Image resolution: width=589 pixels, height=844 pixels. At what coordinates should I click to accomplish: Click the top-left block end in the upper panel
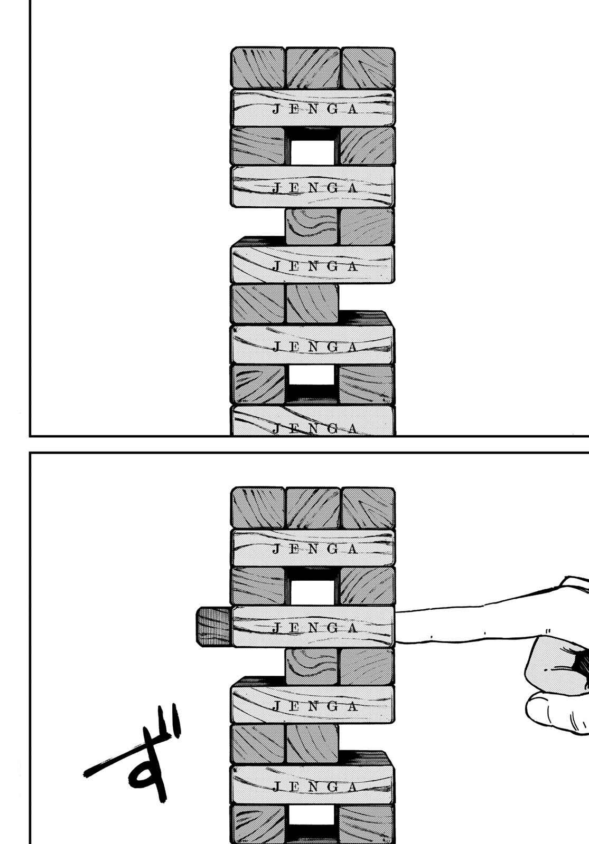258,68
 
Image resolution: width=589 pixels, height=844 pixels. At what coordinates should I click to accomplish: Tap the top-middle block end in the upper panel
313,68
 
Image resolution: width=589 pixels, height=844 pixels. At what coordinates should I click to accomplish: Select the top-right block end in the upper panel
368,68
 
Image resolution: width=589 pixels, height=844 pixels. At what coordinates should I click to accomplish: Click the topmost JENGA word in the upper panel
315,109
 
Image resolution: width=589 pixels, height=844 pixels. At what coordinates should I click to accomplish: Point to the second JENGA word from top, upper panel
315,188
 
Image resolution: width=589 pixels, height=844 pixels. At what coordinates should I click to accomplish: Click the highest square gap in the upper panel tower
312,152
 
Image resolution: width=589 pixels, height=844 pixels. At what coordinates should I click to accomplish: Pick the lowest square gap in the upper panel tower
312,375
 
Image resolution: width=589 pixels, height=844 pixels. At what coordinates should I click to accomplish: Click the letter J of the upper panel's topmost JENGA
276,109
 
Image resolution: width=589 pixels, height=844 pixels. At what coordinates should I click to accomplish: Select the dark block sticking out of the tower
213,627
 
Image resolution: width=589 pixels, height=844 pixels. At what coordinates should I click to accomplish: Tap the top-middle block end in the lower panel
313,508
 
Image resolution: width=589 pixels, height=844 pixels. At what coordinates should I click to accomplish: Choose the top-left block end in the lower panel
258,508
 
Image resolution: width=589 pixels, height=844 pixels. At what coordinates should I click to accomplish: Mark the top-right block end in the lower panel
368,508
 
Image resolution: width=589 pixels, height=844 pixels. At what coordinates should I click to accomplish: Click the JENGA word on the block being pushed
315,628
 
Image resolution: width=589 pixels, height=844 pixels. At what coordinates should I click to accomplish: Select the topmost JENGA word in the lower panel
315,549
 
